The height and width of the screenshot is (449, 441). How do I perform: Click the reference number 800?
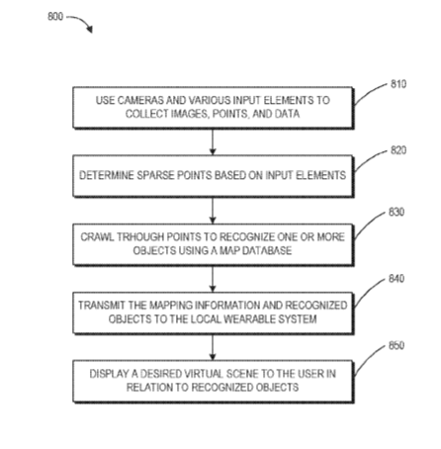[x=55, y=16]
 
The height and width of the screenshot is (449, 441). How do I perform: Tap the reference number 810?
[x=398, y=84]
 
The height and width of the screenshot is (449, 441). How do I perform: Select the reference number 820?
[x=398, y=150]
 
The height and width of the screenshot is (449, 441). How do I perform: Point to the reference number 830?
[x=397, y=212]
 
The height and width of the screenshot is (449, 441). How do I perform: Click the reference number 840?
[x=397, y=279]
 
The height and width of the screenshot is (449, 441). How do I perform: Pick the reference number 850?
[x=397, y=345]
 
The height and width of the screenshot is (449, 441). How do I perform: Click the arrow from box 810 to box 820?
[x=213, y=141]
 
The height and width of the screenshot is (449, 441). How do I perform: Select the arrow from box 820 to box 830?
[x=213, y=211]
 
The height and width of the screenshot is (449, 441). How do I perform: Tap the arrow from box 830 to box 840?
[x=213, y=279]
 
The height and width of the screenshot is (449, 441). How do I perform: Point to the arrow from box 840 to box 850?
[x=213, y=347]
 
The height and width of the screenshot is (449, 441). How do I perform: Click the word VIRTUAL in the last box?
[x=204, y=374]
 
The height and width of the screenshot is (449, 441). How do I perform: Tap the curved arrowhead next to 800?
[x=90, y=30]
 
